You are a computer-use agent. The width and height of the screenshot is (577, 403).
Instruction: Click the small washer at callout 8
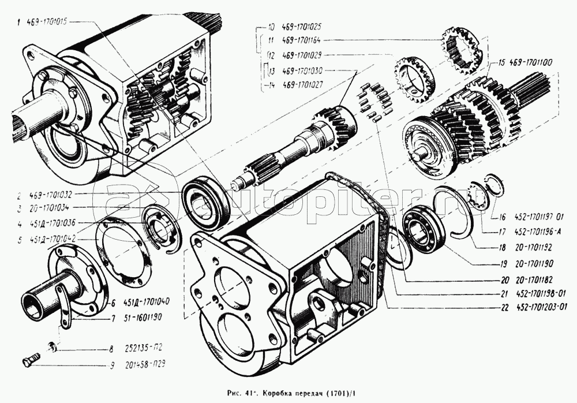(x=53, y=346)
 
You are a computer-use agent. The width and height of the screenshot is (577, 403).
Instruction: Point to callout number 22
(x=504, y=307)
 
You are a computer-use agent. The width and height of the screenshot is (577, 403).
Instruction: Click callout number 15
(x=502, y=61)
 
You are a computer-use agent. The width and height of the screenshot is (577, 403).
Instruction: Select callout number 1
(x=19, y=23)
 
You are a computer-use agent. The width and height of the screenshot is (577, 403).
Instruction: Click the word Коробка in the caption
(x=280, y=393)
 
